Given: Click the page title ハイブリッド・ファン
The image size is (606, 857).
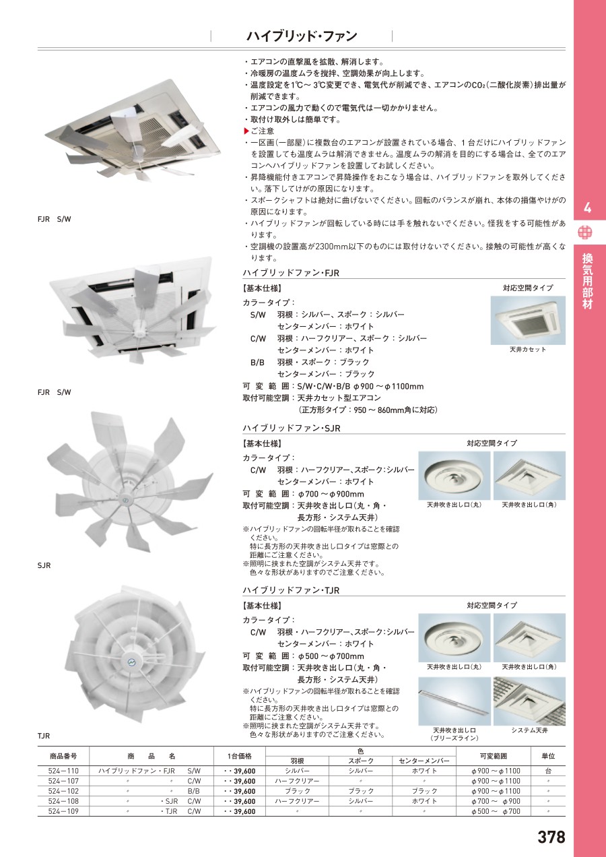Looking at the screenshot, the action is (x=302, y=36).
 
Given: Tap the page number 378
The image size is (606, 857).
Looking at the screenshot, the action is (x=551, y=837).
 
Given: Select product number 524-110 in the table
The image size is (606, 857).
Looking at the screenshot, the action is (x=63, y=771).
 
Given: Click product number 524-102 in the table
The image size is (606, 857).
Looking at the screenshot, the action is (x=63, y=791).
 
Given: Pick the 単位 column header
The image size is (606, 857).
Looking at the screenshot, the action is (x=548, y=756).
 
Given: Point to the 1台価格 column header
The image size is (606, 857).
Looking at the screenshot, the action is (x=240, y=756).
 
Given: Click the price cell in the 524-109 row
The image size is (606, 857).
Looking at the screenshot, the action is (x=240, y=811).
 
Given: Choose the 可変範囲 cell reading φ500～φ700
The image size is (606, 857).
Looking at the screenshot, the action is (x=496, y=811).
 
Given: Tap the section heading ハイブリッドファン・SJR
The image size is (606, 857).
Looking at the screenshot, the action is (x=292, y=428).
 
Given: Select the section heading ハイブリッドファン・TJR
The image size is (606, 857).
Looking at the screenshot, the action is (x=291, y=590).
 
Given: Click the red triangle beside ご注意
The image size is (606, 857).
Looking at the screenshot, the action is (x=246, y=131).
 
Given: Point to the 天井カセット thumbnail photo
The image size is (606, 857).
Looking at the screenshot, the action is (x=528, y=320).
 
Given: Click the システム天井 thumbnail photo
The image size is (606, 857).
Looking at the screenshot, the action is (x=529, y=701).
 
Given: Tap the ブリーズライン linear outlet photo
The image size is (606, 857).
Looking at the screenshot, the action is (x=454, y=701).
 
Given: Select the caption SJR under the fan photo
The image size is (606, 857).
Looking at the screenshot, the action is (x=44, y=565).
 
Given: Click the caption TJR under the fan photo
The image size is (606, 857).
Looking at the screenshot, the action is (x=44, y=736).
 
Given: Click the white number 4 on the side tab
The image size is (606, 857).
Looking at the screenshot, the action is (x=587, y=208).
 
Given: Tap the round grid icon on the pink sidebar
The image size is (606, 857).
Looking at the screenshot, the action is (x=584, y=232).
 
